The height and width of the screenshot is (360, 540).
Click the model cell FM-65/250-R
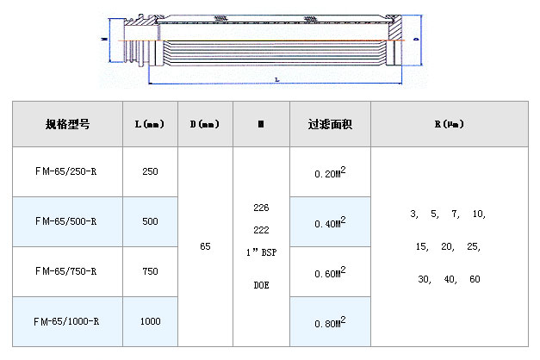tap(66, 171)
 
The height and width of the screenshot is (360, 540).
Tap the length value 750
tap(150, 271)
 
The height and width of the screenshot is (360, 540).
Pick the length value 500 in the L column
tap(150, 221)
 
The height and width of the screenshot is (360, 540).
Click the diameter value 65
tap(205, 246)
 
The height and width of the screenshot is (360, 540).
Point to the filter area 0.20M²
tap(331, 172)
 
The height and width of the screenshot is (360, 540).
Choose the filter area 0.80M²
tap(331, 322)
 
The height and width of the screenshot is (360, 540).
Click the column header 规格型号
tap(67, 124)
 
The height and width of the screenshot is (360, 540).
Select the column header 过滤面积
tap(331, 124)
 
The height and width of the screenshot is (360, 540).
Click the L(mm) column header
tap(150, 124)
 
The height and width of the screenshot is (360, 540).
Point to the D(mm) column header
tap(205, 124)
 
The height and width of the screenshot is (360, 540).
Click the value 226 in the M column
tap(261, 208)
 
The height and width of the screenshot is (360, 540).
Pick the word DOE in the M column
tap(261, 284)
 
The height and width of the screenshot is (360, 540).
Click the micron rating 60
tap(475, 279)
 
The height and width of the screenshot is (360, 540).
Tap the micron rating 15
tap(421, 246)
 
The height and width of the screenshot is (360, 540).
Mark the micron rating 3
tap(413, 214)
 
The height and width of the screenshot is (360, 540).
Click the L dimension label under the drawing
tap(276, 79)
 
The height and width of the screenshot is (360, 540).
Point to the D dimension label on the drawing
tap(416, 40)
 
